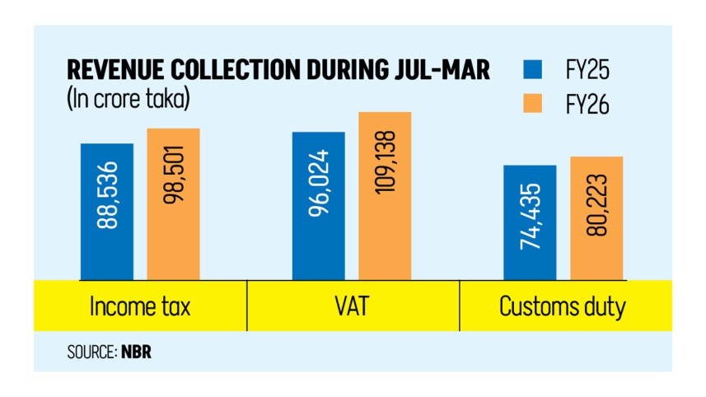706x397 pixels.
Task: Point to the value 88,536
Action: click(x=107, y=195)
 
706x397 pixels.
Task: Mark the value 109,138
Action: click(x=385, y=162)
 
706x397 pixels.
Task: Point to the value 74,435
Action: click(x=531, y=208)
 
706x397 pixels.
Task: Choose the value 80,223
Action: click(x=596, y=204)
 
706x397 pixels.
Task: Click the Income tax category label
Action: click(x=139, y=308)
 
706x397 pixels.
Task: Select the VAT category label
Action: click(x=352, y=308)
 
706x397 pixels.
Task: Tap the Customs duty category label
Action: click(x=563, y=308)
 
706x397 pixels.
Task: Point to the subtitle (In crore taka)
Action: click(x=128, y=99)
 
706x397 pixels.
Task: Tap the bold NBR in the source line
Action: click(x=137, y=353)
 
